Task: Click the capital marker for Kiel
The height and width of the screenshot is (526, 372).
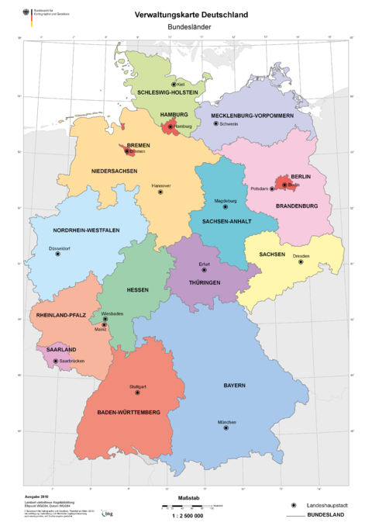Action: click(x=174, y=84)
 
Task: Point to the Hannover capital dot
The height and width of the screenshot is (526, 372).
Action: click(x=160, y=192)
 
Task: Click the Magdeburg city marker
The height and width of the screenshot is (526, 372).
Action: click(x=226, y=207)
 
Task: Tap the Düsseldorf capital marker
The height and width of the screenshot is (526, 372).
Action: click(x=58, y=254)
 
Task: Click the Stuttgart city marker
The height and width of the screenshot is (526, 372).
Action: click(x=138, y=393)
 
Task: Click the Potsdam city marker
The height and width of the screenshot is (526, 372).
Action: click(x=272, y=189)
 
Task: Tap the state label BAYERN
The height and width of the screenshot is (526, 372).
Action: click(x=235, y=386)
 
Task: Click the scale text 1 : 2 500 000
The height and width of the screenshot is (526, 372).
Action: click(x=185, y=515)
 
